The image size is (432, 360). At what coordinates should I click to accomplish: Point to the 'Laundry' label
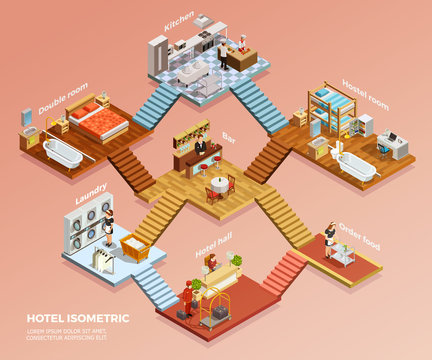coord(93,192)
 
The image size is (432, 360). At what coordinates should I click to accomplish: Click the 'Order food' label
coord(358,236)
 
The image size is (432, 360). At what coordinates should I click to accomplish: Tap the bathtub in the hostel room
coord(356,165)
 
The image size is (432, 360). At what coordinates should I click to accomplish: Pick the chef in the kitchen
coord(241,46)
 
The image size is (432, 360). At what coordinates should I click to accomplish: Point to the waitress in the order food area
coord(330,238)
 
